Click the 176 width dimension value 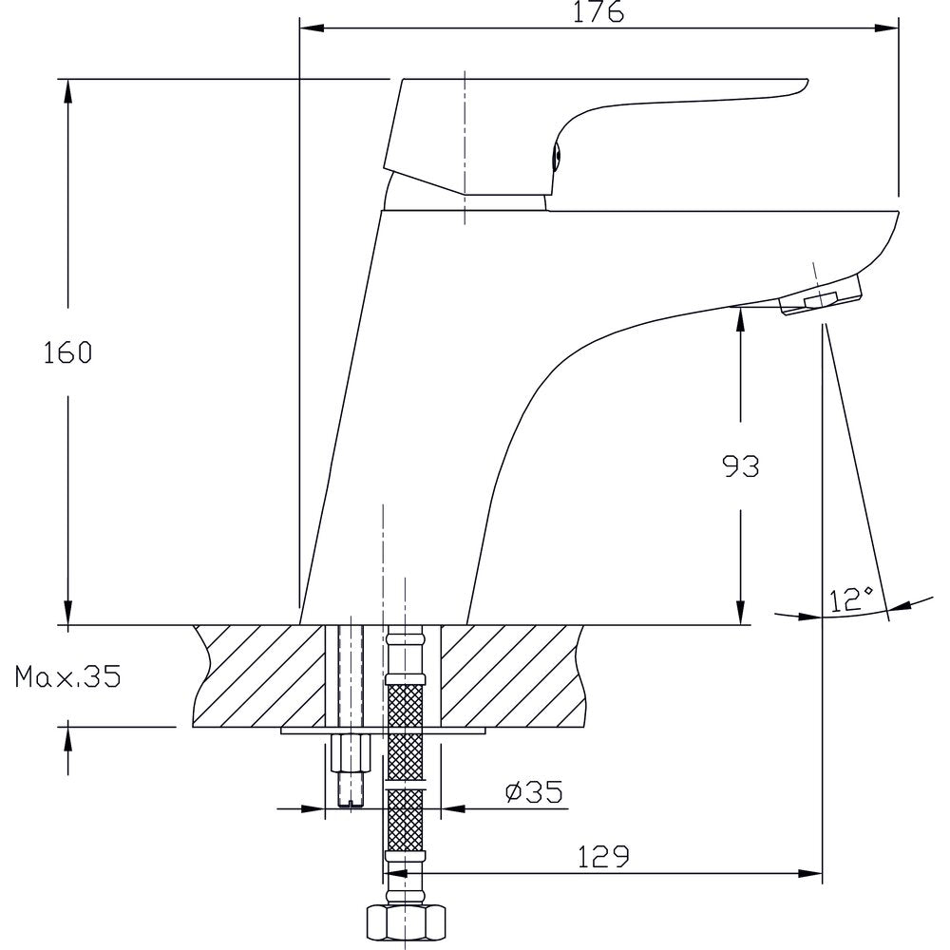[x=598, y=12]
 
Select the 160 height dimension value [x=67, y=352]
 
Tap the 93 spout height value [x=741, y=465]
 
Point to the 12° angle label [x=850, y=598]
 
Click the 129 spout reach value [x=603, y=856]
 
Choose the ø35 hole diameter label [x=534, y=792]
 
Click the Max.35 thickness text [x=67, y=676]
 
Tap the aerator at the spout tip [x=821, y=296]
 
